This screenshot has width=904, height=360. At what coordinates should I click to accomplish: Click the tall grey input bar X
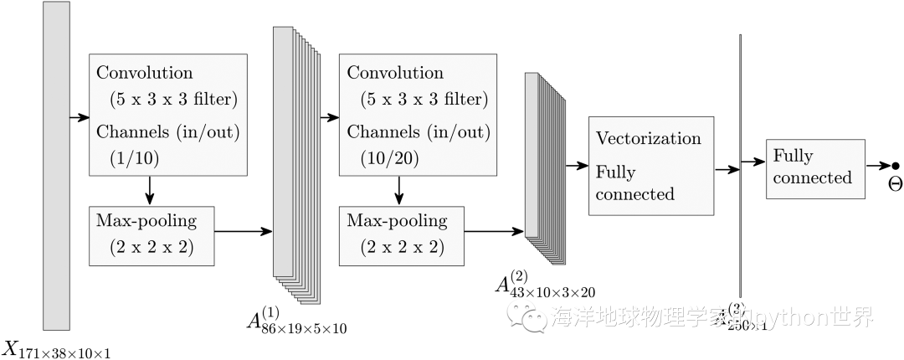pos(56,165)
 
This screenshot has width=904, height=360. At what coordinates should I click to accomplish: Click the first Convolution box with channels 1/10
pos(168,115)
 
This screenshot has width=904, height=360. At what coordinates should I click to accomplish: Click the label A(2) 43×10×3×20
pos(545,285)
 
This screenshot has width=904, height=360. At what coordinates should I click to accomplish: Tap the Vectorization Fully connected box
pos(651,167)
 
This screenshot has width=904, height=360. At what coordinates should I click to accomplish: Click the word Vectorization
pos(648,138)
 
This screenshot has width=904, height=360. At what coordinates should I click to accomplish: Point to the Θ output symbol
pos(895,183)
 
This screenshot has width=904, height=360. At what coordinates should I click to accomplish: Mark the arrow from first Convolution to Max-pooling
pos(149,189)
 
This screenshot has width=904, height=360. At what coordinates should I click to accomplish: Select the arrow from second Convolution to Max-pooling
pos(399,189)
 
